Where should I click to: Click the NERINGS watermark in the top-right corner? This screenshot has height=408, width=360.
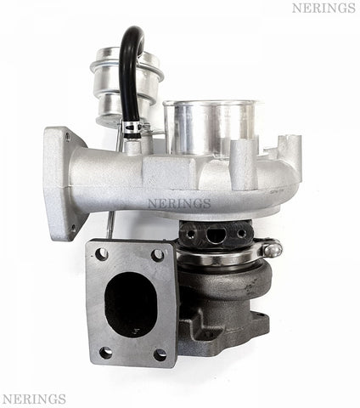pos(323,8)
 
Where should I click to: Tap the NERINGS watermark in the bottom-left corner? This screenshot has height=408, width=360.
pos(34,399)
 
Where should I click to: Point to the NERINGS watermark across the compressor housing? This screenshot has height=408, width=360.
pos(179,203)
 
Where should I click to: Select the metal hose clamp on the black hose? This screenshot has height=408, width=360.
pos(132,128)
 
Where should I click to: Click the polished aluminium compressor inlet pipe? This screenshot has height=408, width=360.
pos(211,127)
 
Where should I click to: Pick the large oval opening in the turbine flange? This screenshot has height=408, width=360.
pos(131,305)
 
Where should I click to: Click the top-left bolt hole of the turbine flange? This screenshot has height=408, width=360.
pos(102,254)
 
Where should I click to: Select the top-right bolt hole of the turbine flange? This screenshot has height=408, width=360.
pos(158,255)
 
